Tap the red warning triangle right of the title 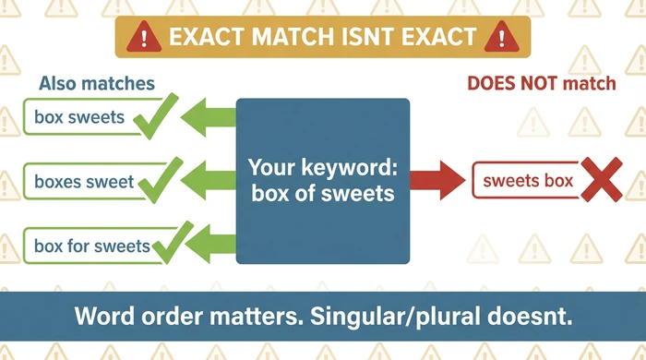coord(501,38)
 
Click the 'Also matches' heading coord(97,84)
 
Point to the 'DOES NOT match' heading coord(541,84)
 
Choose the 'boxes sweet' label coord(84,182)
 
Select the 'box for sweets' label coord(91,246)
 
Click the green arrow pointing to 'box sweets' coord(210,117)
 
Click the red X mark coord(598,180)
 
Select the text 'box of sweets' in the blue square coord(323,195)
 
